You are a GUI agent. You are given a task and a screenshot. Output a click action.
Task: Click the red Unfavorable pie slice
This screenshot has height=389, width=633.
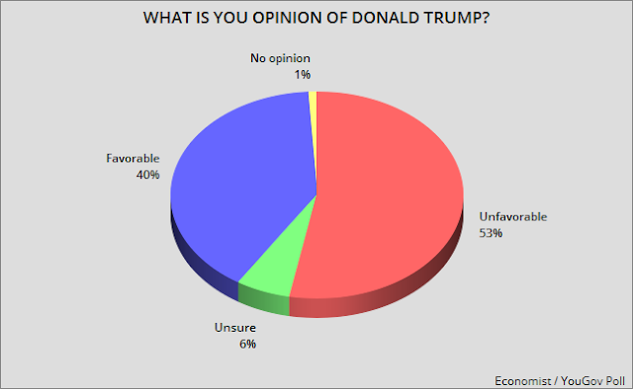[x=386, y=197]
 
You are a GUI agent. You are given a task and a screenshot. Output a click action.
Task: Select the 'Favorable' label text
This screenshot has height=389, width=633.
[x=127, y=157]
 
